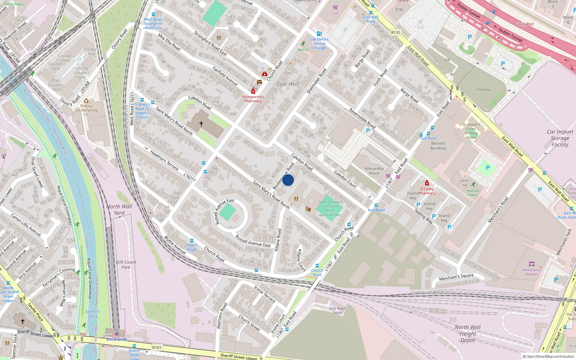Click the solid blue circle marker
click(288, 180)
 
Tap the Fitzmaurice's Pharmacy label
click(253, 99)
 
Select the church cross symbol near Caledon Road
click(201, 123)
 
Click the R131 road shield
click(396, 32)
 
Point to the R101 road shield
click(157, 347)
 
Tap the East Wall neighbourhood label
click(288, 84)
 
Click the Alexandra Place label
click(374, 171)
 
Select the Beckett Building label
click(438, 146)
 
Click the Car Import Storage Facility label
click(560, 138)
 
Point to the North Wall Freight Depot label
click(468, 334)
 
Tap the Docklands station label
click(117, 339)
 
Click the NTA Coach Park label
click(126, 265)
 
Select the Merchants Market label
click(531, 272)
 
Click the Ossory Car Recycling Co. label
click(86, 110)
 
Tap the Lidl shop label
click(336, 13)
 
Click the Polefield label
click(483, 90)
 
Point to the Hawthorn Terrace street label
click(164, 160)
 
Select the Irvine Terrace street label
click(264, 294)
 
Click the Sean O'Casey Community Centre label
click(329, 208)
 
